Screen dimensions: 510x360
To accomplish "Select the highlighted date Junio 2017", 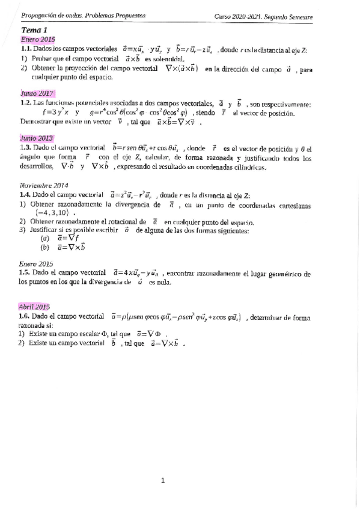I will [36, 94].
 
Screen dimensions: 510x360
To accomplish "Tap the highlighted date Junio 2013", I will [36, 138].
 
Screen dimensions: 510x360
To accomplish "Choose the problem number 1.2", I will [25, 103].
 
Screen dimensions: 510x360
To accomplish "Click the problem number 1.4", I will [25, 195].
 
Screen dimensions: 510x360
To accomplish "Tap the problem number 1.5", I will [25, 272].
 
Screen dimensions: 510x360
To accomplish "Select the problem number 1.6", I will [25, 316].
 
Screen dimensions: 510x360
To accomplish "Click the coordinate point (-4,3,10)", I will [55, 212].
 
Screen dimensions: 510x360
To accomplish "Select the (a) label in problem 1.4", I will [44, 238].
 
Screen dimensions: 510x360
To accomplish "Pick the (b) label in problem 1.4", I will [44, 247].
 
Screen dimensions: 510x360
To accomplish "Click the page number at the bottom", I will [162, 480].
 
